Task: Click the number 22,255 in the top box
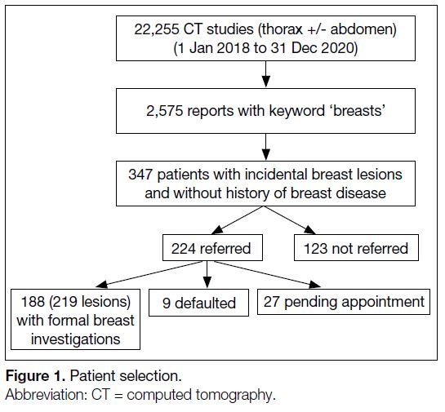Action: point(157,29)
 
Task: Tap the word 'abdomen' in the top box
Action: point(363,29)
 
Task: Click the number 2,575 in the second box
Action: point(165,111)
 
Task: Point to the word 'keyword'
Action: point(297,111)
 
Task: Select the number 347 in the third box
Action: point(140,175)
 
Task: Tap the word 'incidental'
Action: point(276,174)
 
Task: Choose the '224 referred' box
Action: point(212,247)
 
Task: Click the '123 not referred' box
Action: point(356,247)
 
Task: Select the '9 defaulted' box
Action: point(198,303)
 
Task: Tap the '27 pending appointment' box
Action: point(344,302)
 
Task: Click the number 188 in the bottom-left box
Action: point(33,301)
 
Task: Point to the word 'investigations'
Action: point(75,339)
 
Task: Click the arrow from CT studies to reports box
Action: point(265,74)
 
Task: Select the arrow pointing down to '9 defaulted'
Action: point(207,274)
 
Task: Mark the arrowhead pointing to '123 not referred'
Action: point(309,230)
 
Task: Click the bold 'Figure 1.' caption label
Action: point(36,376)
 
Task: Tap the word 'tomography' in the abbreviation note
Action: point(234,395)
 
